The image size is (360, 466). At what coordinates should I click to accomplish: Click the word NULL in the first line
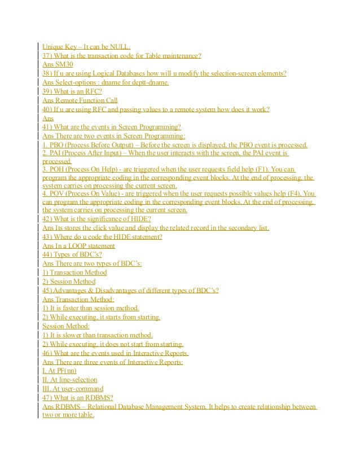pyautogui.click(x=120, y=47)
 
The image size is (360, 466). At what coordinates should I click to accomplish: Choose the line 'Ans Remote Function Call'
pyautogui.click(x=80, y=100)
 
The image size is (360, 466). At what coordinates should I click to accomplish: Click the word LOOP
pyautogui.click(x=73, y=246)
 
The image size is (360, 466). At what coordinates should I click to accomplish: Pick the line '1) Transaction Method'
pyautogui.click(x=74, y=272)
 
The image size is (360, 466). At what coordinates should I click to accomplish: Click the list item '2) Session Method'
pyautogui.click(x=69, y=282)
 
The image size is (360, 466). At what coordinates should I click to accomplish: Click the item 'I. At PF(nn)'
pyautogui.click(x=60, y=371)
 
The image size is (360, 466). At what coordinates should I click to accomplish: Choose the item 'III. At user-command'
pyautogui.click(x=73, y=389)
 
